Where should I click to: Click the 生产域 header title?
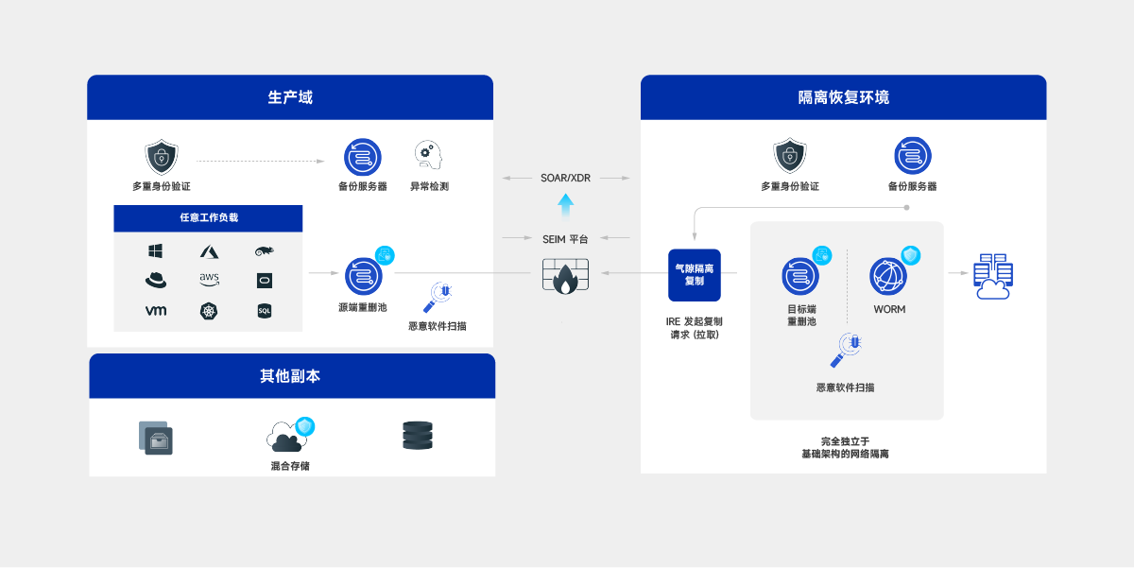(289, 97)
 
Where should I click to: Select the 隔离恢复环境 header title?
(843, 97)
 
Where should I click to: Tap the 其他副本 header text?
(290, 376)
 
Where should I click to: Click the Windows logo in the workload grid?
(156, 251)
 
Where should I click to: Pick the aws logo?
(209, 279)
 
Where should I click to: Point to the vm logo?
(156, 310)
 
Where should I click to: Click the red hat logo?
(156, 280)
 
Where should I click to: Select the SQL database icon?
(265, 310)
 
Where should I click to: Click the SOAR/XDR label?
(565, 178)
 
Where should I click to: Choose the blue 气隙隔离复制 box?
(695, 274)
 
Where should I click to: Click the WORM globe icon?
(888, 276)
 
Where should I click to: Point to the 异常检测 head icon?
(428, 155)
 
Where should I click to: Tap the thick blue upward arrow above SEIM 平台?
(565, 205)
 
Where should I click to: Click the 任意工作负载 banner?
(208, 217)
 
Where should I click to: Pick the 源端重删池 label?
(362, 307)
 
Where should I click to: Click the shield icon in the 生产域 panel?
(161, 156)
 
